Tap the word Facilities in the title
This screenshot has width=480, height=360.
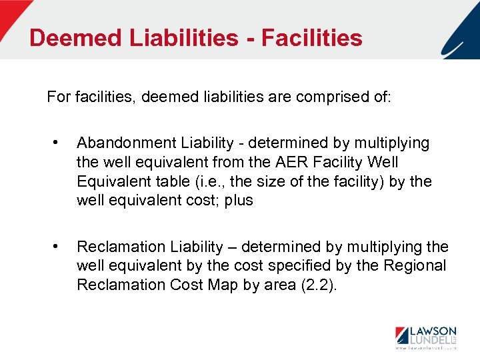point(312,37)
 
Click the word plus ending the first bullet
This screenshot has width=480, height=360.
point(239,200)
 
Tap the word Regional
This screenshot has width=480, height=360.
point(413,265)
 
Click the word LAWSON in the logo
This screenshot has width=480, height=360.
point(433,331)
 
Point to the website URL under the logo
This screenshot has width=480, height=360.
point(425,349)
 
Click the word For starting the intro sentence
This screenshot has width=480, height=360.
point(58,97)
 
